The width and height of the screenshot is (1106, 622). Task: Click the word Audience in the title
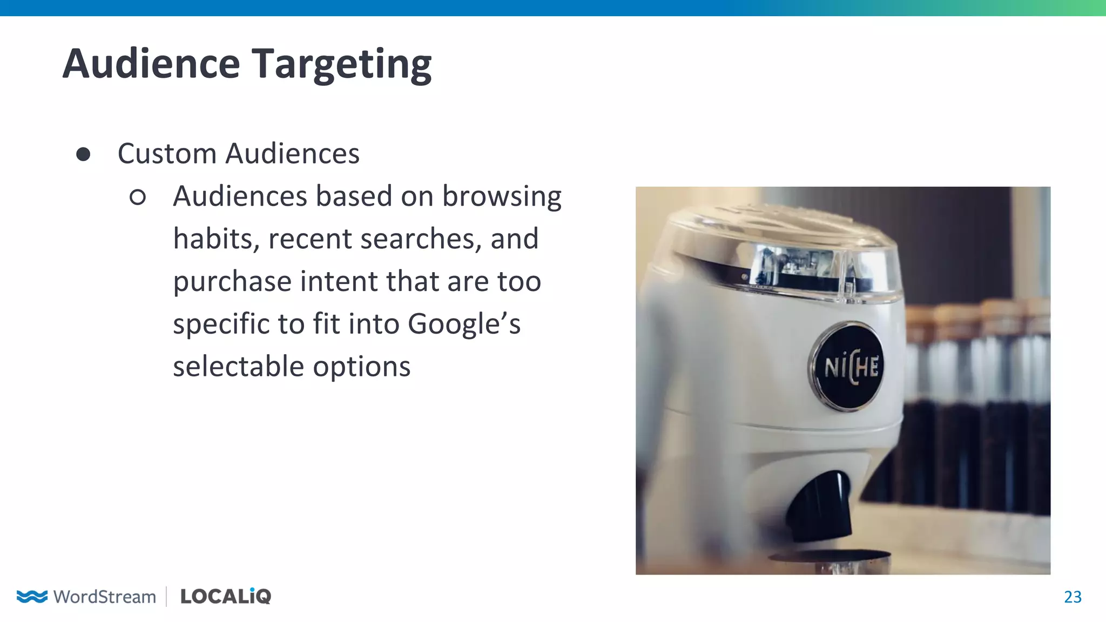pyautogui.click(x=151, y=64)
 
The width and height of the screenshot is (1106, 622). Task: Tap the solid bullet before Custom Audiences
pyautogui.click(x=83, y=154)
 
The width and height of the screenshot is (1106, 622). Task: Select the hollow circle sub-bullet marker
pyautogui.click(x=138, y=197)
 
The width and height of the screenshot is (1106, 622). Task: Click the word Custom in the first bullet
pyautogui.click(x=167, y=154)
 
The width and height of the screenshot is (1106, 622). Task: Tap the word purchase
pyautogui.click(x=232, y=282)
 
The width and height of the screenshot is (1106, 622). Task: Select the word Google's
pyautogui.click(x=464, y=324)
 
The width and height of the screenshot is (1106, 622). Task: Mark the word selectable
pyautogui.click(x=239, y=367)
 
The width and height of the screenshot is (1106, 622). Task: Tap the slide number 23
pyautogui.click(x=1073, y=597)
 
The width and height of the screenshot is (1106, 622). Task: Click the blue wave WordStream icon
pyautogui.click(x=32, y=596)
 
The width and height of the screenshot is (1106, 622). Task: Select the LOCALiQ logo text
pyautogui.click(x=226, y=596)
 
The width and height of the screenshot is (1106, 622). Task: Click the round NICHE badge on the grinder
pyautogui.click(x=848, y=367)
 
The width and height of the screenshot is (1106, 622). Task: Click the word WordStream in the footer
pyautogui.click(x=105, y=597)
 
